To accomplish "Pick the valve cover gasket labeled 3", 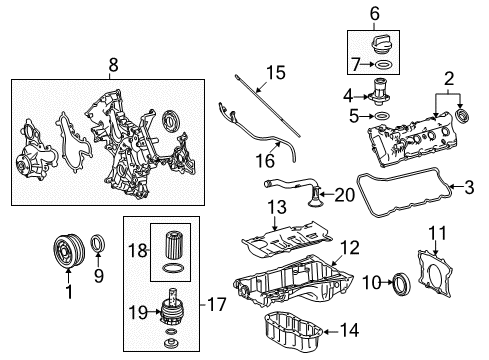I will pyautogui.click(x=400, y=215).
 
